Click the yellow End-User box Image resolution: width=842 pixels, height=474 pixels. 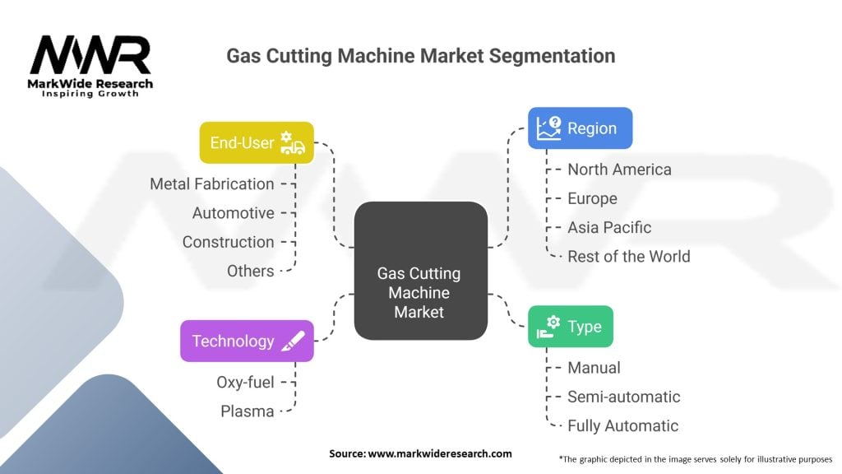point(257,143)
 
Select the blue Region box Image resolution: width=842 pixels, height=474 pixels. point(580,128)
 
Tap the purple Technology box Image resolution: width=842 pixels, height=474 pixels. point(247,341)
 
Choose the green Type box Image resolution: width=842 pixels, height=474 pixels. point(570,327)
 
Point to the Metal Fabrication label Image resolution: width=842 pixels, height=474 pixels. point(212,184)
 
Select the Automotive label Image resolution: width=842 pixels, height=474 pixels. point(234,213)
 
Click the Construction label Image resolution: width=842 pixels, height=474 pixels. point(229,242)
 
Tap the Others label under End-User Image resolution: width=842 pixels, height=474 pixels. point(251,271)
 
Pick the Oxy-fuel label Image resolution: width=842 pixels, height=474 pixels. point(245,382)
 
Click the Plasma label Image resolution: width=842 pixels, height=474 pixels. point(248,411)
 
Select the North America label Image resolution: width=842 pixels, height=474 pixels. point(619,170)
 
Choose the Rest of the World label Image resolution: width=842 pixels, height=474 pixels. point(629,256)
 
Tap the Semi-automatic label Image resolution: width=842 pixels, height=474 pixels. point(624,397)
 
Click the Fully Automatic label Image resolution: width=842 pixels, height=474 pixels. point(623,425)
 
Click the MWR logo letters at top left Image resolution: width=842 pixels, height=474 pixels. point(90,57)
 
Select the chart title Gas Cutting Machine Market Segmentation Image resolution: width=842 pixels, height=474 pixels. point(420,56)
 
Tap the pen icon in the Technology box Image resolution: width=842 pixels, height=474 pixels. point(294,341)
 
